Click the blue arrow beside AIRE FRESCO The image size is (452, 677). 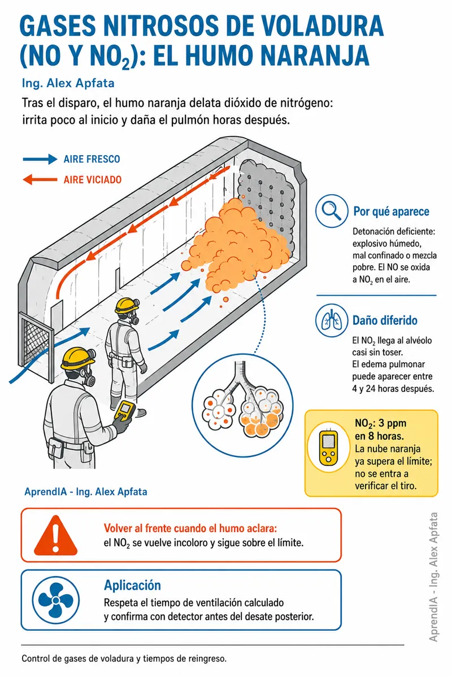40,159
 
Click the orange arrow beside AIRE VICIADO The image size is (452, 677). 40,179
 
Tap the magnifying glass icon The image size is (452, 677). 332,210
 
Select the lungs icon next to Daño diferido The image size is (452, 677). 332,320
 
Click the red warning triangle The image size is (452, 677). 56,535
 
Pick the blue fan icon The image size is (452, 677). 56,600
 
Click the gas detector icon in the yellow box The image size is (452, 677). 328,447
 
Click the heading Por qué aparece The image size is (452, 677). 391,212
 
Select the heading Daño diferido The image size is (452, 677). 385,320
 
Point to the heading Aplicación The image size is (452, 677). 132,586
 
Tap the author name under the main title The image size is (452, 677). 68,83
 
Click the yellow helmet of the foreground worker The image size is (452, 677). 77,358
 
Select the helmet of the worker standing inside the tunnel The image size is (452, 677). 127,305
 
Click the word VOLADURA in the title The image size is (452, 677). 322,26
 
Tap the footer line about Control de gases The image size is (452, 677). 124,658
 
